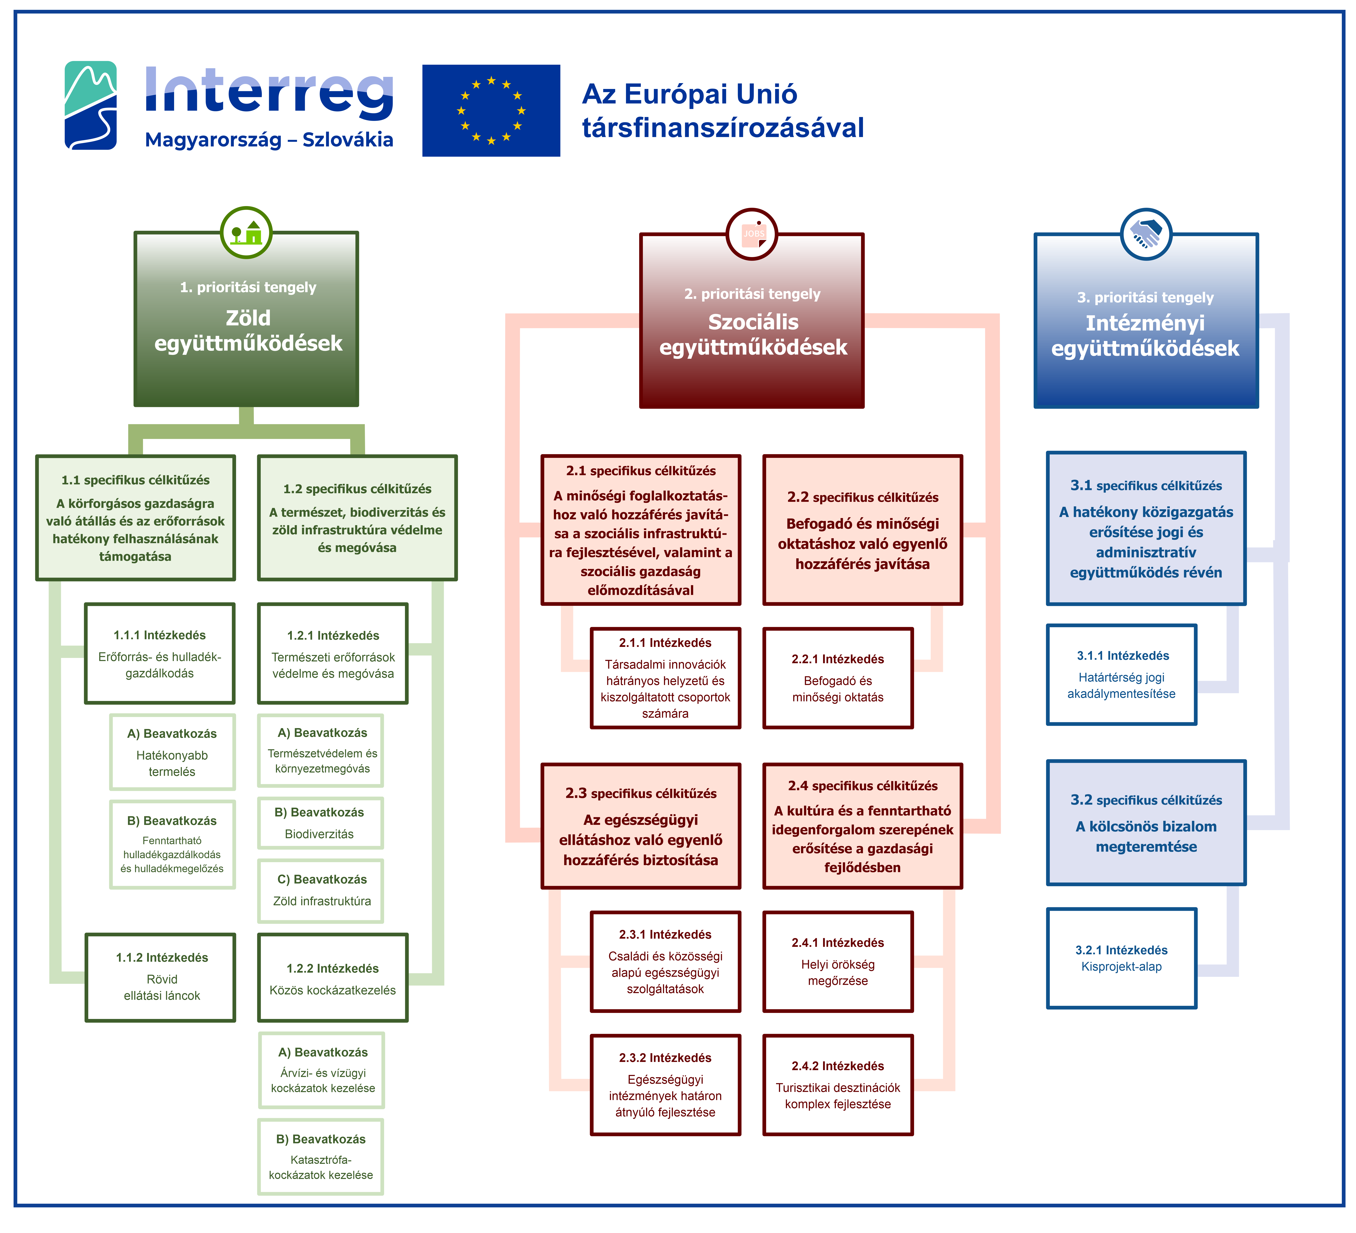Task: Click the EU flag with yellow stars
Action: point(491,110)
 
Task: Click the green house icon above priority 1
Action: point(246,233)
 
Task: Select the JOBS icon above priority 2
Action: point(752,234)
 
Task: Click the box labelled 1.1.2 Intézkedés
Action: point(160,977)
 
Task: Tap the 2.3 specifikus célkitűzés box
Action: point(641,826)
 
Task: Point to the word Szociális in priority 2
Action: point(753,322)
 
